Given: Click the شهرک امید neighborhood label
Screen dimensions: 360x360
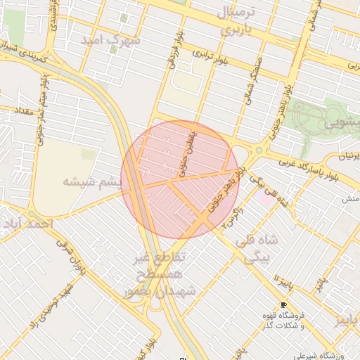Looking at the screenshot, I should click(111, 40).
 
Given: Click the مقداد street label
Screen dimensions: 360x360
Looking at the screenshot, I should click(17, 111).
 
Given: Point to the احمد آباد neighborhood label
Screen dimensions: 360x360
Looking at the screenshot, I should click(27, 224).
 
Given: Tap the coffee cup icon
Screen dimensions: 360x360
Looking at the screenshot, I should click(283, 305).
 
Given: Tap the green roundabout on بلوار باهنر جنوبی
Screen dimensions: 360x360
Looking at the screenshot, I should click(259, 150).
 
